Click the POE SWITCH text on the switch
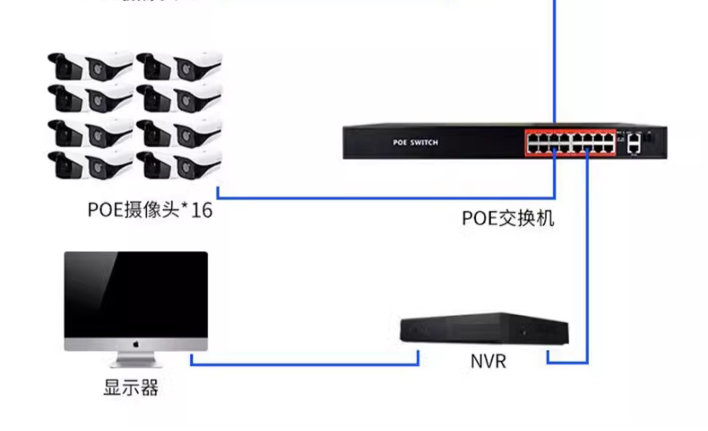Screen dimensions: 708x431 [x=415, y=142]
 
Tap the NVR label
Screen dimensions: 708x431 [x=488, y=362]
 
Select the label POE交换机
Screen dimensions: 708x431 [x=507, y=218]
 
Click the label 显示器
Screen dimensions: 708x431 [x=131, y=388]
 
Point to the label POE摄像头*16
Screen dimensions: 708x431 [x=150, y=210]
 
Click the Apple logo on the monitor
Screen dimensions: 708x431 [x=136, y=344]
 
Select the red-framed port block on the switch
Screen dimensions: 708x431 [x=571, y=143]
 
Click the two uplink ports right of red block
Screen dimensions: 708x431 [x=634, y=143]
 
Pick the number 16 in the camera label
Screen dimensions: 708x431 [x=202, y=210]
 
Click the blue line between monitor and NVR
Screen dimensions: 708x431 [x=304, y=364]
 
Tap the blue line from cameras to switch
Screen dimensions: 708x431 [x=378, y=198]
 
